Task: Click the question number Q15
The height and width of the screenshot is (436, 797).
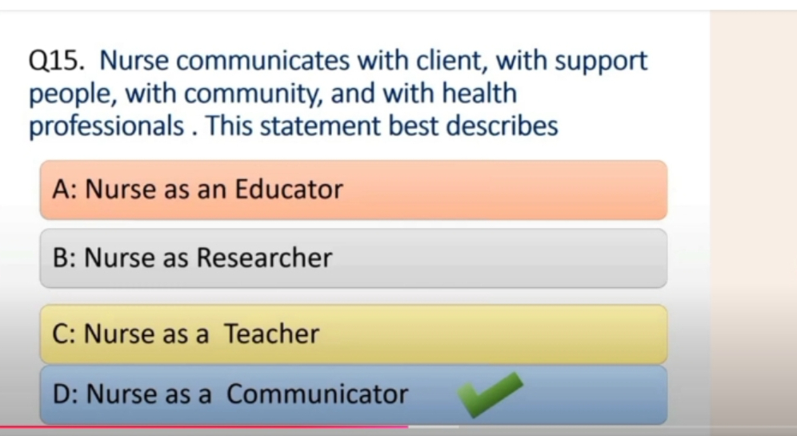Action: click(x=57, y=61)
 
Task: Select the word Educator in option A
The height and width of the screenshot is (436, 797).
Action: click(x=289, y=189)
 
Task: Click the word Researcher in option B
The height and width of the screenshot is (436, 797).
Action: click(x=264, y=257)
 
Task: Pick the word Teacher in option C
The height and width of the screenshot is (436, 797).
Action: click(x=272, y=334)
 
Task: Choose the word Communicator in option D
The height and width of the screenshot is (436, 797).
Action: click(x=317, y=394)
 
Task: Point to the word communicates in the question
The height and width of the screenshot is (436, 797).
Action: click(x=262, y=61)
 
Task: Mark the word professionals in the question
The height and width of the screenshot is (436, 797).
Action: click(x=106, y=127)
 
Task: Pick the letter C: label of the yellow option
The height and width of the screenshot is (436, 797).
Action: click(x=64, y=334)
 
